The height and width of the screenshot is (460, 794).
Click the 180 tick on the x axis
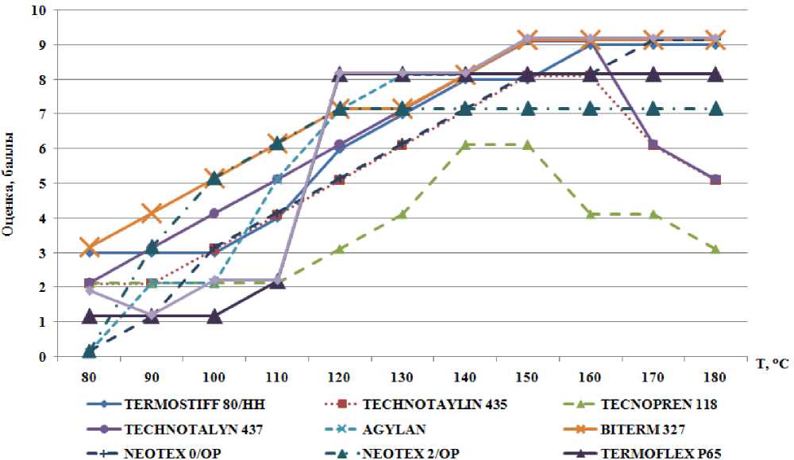[716, 372]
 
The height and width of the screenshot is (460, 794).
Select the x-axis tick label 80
[89, 372]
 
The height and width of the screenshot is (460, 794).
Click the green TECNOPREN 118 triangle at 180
[716, 249]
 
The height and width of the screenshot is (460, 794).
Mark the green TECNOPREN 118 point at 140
[465, 145]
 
